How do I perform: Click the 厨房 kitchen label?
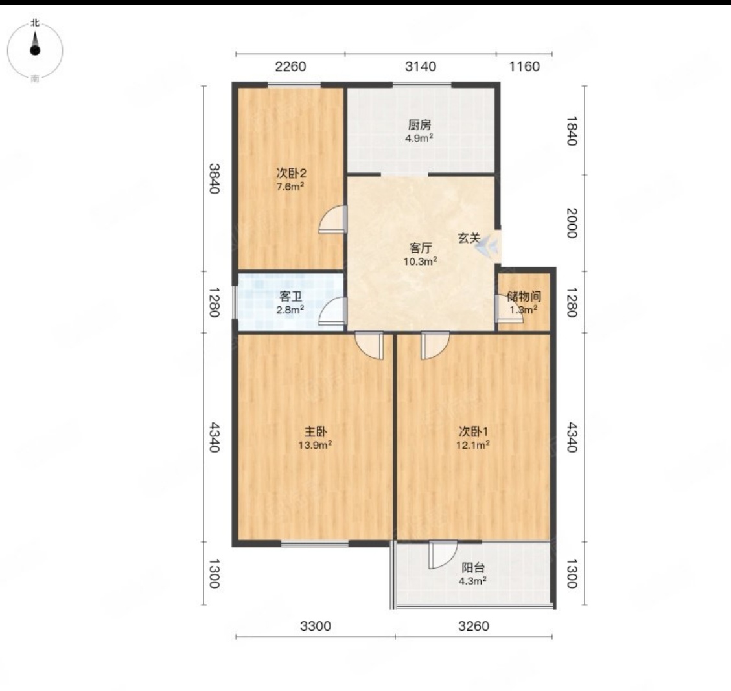[419, 125]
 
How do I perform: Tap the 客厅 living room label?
[420, 248]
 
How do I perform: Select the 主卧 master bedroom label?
[315, 431]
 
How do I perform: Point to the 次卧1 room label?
[473, 431]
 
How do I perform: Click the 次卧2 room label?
[292, 174]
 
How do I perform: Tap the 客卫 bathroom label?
[290, 297]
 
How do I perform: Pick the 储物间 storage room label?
[524, 297]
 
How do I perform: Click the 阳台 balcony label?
[473, 568]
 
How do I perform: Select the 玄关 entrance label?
[469, 238]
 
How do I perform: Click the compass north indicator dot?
[35, 51]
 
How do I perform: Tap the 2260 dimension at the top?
[290, 67]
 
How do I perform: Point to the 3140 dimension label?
[421, 67]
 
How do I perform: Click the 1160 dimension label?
[524, 67]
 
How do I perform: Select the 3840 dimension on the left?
[214, 179]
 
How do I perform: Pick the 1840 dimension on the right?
[572, 131]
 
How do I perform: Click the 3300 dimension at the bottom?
[316, 626]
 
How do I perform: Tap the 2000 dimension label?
[572, 223]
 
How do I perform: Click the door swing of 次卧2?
[332, 219]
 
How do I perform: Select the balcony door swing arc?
[443, 554]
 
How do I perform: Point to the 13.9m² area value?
[315, 445]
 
